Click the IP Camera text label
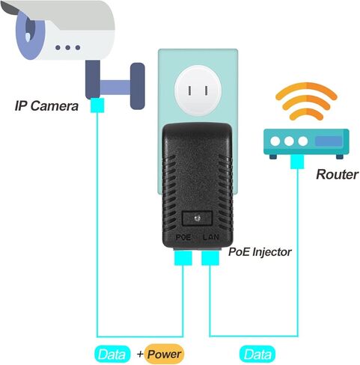click(x=46, y=106)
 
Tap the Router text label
click(x=337, y=174)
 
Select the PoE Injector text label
click(x=260, y=252)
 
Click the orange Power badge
click(x=164, y=354)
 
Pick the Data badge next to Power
click(x=112, y=355)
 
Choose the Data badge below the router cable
click(x=257, y=355)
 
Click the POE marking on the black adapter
click(x=183, y=237)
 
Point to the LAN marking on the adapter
click(x=211, y=237)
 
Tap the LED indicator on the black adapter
click(x=198, y=218)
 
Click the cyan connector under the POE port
click(x=183, y=258)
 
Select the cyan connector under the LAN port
click(x=210, y=258)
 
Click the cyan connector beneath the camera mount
click(x=97, y=105)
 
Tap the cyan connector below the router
click(x=297, y=162)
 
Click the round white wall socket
click(x=198, y=91)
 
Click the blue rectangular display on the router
click(x=329, y=141)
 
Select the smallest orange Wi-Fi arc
click(x=306, y=114)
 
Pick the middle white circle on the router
click(x=289, y=141)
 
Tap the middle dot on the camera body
click(x=68, y=47)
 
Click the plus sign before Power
click(x=140, y=354)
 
